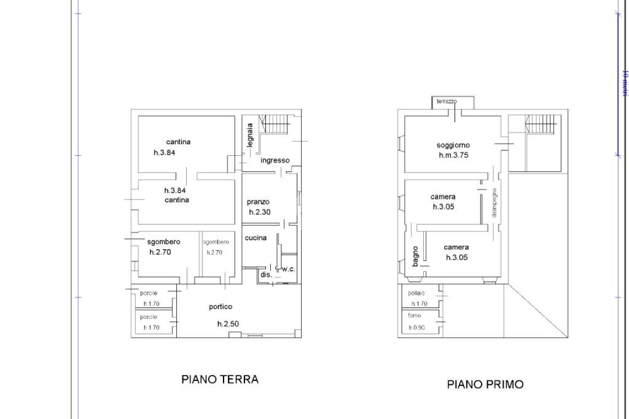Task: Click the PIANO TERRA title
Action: pos(220,379)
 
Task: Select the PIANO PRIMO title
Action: pos(485,385)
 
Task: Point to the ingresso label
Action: pos(275,160)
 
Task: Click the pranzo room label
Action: pos(258,201)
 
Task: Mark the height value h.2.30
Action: pos(260,212)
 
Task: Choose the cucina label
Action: pos(256,238)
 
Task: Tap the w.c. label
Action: pos(288,269)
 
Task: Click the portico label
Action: pos(221,307)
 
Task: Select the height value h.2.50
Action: pos(229,324)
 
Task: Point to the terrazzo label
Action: pos(447,101)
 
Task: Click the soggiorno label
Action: pos(453,145)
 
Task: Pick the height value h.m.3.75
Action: pos(453,156)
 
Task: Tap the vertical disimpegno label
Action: pos(494,202)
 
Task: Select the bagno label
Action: pos(416,255)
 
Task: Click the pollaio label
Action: pos(416,293)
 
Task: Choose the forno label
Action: pos(415,315)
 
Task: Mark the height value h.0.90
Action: pos(418,328)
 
